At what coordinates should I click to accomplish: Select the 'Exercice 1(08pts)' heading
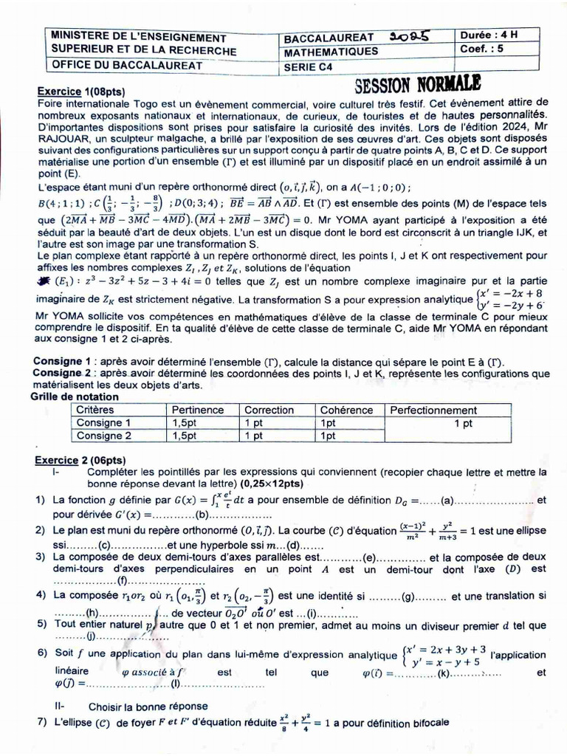click(x=80, y=91)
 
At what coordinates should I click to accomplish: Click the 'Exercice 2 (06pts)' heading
click(x=79, y=459)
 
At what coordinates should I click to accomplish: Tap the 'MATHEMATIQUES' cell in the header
click(x=331, y=51)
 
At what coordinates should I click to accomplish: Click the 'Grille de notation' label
click(x=74, y=396)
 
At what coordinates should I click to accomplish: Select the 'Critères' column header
click(x=95, y=410)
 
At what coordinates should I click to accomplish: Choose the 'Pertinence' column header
click(x=197, y=410)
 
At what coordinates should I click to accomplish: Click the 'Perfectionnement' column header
click(x=433, y=410)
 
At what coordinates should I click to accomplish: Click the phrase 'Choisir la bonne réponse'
click(x=148, y=706)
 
